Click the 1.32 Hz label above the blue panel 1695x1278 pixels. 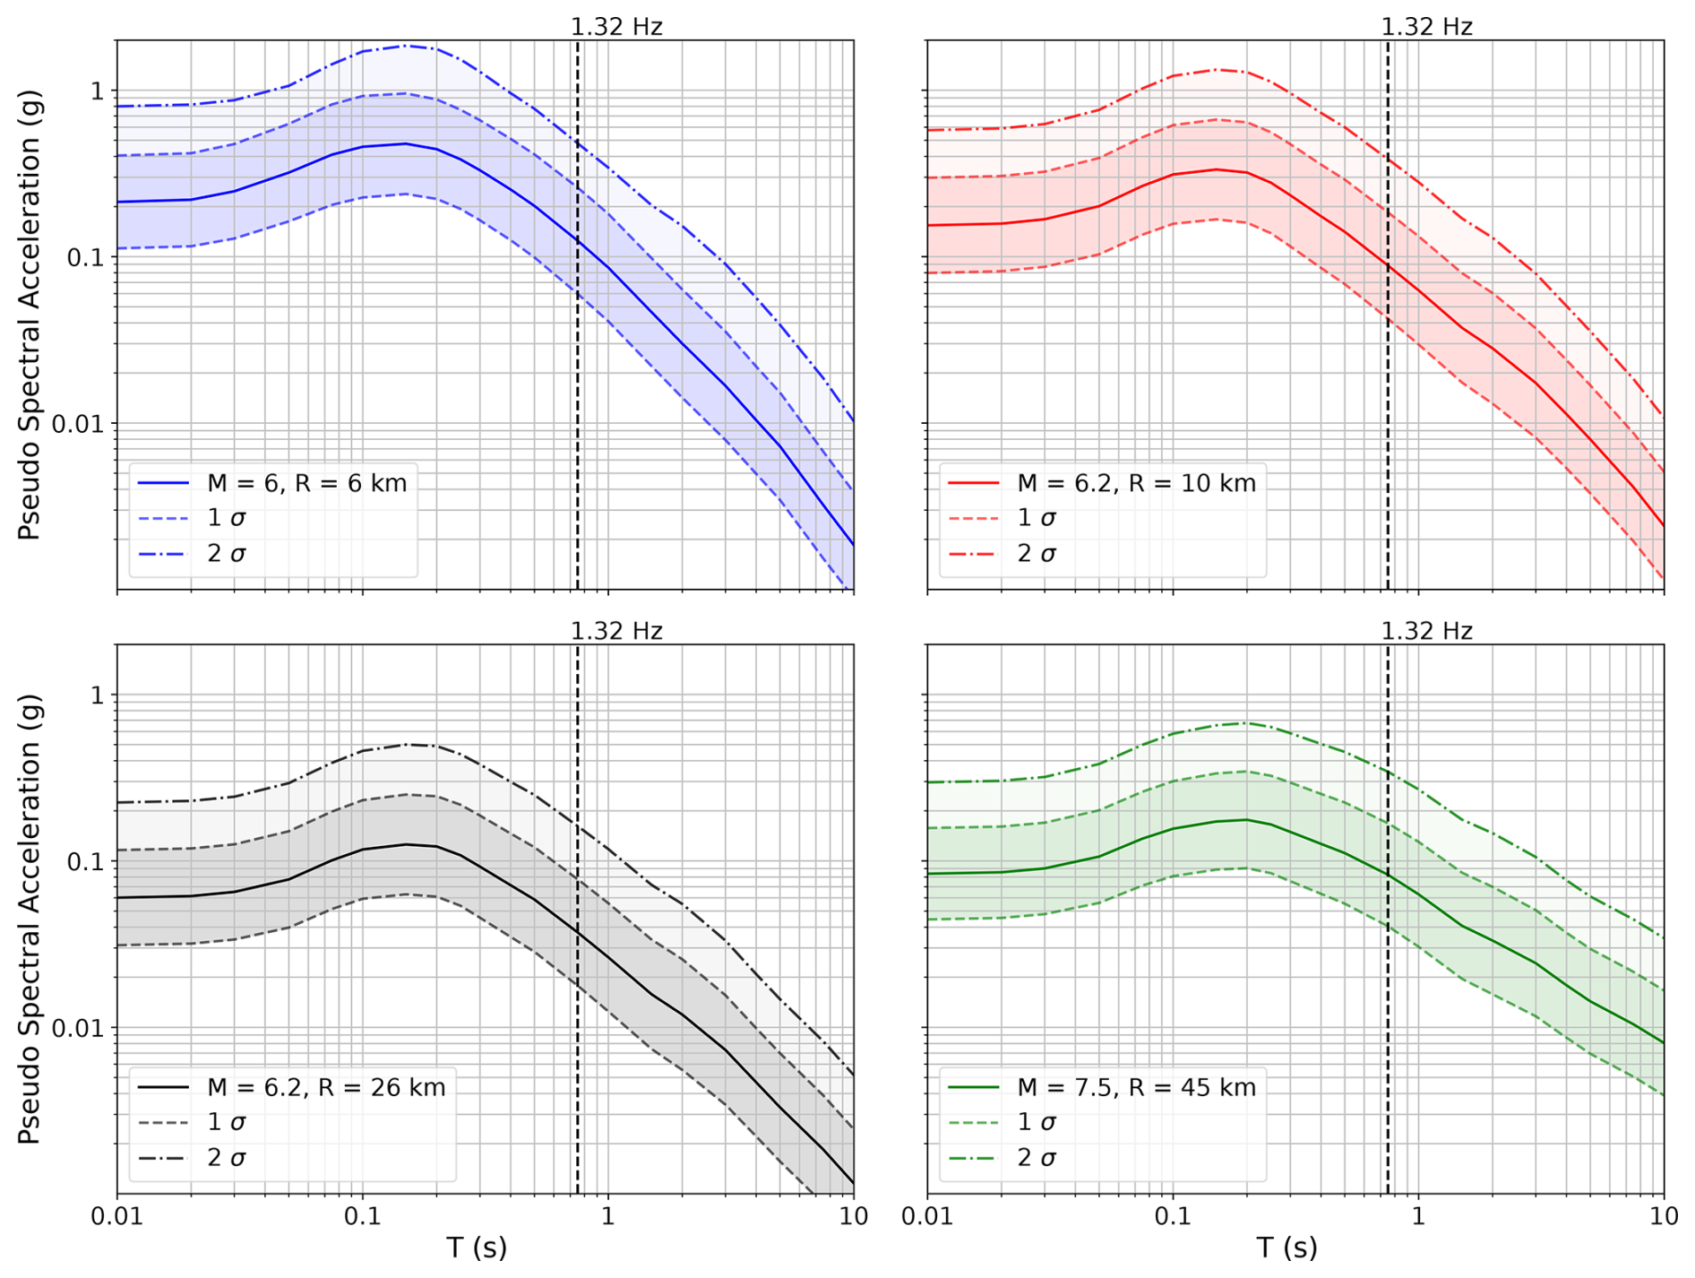pyautogui.click(x=616, y=27)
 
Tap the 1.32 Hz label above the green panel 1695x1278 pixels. pyautogui.click(x=1426, y=631)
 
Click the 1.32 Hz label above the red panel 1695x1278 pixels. pyautogui.click(x=1426, y=27)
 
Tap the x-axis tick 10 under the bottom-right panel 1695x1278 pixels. pyautogui.click(x=1664, y=1216)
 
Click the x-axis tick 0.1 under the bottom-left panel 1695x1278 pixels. pyautogui.click(x=362, y=1216)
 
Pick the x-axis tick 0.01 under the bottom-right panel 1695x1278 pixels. pyautogui.click(x=927, y=1216)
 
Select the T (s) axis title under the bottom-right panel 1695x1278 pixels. pyautogui.click(x=1286, y=1247)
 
